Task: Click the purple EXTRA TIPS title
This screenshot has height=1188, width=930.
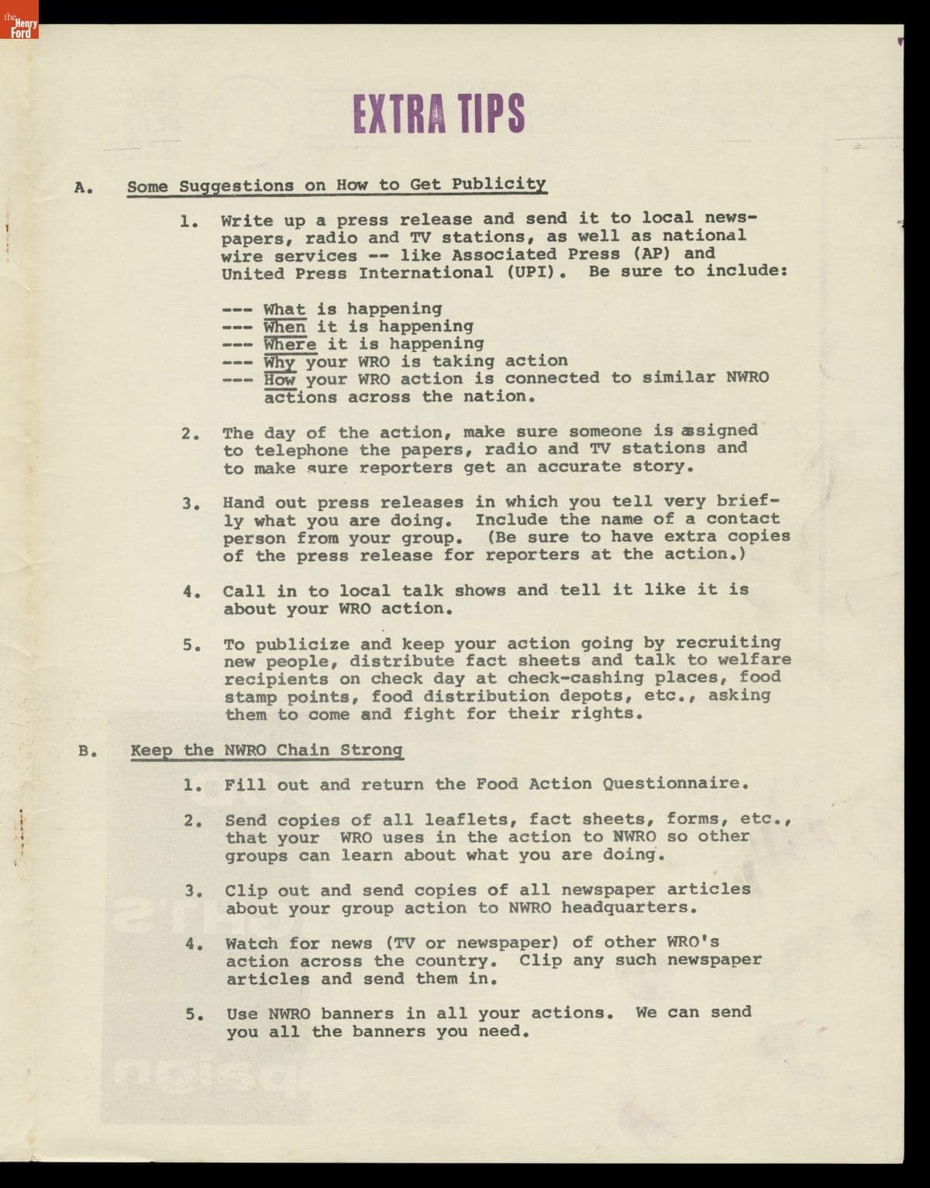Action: click(x=439, y=112)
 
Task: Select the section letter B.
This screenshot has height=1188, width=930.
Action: click(x=86, y=750)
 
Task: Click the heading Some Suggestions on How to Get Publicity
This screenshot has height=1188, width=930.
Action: click(x=336, y=185)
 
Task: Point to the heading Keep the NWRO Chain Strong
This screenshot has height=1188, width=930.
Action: click(x=267, y=750)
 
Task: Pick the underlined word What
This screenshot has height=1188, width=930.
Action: click(x=284, y=309)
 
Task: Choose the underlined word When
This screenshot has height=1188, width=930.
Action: click(x=284, y=327)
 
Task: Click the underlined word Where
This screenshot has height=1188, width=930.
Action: click(x=290, y=344)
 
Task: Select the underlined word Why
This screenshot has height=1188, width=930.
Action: click(x=280, y=362)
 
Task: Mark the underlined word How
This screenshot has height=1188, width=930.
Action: click(x=279, y=380)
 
